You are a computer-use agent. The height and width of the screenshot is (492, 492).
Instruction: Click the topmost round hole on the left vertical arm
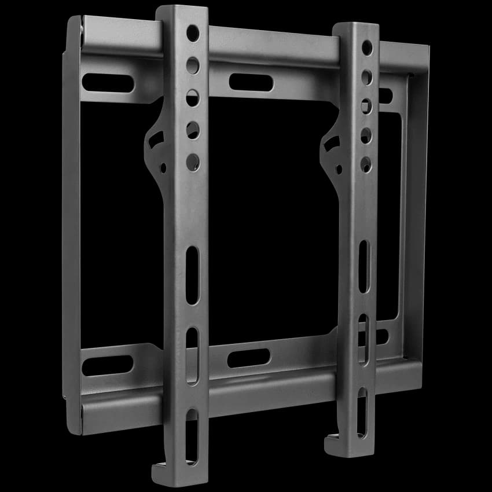193,33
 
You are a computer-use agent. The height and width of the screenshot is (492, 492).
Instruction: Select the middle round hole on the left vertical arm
193,97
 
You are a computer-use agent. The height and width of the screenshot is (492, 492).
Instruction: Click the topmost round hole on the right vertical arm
367,48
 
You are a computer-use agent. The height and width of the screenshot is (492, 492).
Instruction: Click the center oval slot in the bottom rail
248,358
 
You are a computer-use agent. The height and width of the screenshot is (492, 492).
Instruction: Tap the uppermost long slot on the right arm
364,266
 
